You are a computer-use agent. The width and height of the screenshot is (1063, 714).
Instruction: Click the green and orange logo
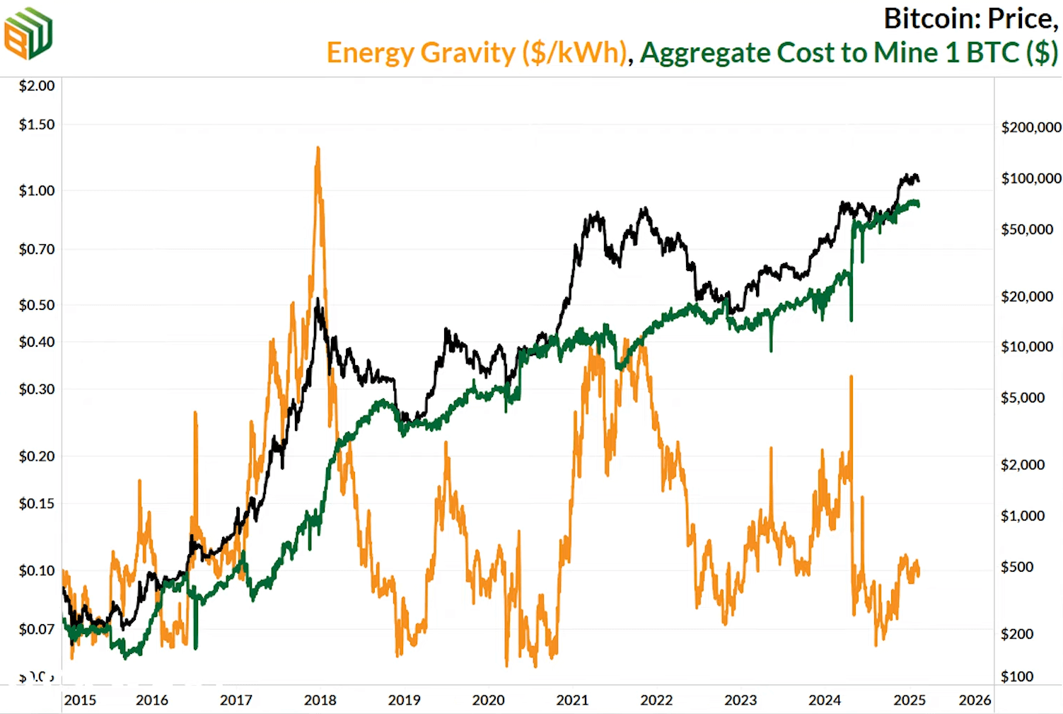pyautogui.click(x=28, y=33)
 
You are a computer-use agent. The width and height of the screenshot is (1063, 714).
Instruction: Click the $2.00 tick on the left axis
pyautogui.click(x=37, y=86)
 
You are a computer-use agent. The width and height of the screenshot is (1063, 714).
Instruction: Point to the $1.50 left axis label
pyautogui.click(x=37, y=125)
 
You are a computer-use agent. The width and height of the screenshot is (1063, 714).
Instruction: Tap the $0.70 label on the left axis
pyautogui.click(x=37, y=249)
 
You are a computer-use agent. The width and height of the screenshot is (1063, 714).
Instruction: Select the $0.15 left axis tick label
pyautogui.click(x=37, y=503)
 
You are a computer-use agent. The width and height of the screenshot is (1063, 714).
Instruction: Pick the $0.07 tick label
pyautogui.click(x=37, y=629)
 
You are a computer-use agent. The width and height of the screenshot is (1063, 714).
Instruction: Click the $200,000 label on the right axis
pyautogui.click(x=1030, y=127)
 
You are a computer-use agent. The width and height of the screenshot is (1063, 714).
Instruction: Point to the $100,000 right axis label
pyautogui.click(x=1030, y=178)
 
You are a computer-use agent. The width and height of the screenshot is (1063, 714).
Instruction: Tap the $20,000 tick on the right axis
pyautogui.click(x=1027, y=296)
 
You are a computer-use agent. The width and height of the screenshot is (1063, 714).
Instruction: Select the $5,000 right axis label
pyautogui.click(x=1023, y=398)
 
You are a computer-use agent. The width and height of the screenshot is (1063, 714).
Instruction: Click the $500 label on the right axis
pyautogui.click(x=1017, y=567)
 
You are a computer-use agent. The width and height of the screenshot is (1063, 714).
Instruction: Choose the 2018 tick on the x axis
pyautogui.click(x=320, y=700)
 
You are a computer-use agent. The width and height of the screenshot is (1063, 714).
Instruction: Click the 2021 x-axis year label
pyautogui.click(x=572, y=700)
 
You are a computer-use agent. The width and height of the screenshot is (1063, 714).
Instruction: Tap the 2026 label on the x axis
pyautogui.click(x=975, y=700)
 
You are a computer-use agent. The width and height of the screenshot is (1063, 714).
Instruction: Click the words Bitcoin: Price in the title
pyautogui.click(x=970, y=19)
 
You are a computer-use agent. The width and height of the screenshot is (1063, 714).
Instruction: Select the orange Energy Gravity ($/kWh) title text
pyautogui.click(x=477, y=53)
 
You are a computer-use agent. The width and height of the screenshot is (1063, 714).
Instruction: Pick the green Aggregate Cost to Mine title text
pyautogui.click(x=849, y=53)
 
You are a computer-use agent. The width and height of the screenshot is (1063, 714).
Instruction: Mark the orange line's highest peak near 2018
pyautogui.click(x=318, y=148)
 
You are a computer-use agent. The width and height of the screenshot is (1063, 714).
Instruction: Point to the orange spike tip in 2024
pyautogui.click(x=851, y=376)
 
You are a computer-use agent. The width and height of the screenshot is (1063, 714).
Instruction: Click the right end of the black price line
pyautogui.click(x=919, y=180)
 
